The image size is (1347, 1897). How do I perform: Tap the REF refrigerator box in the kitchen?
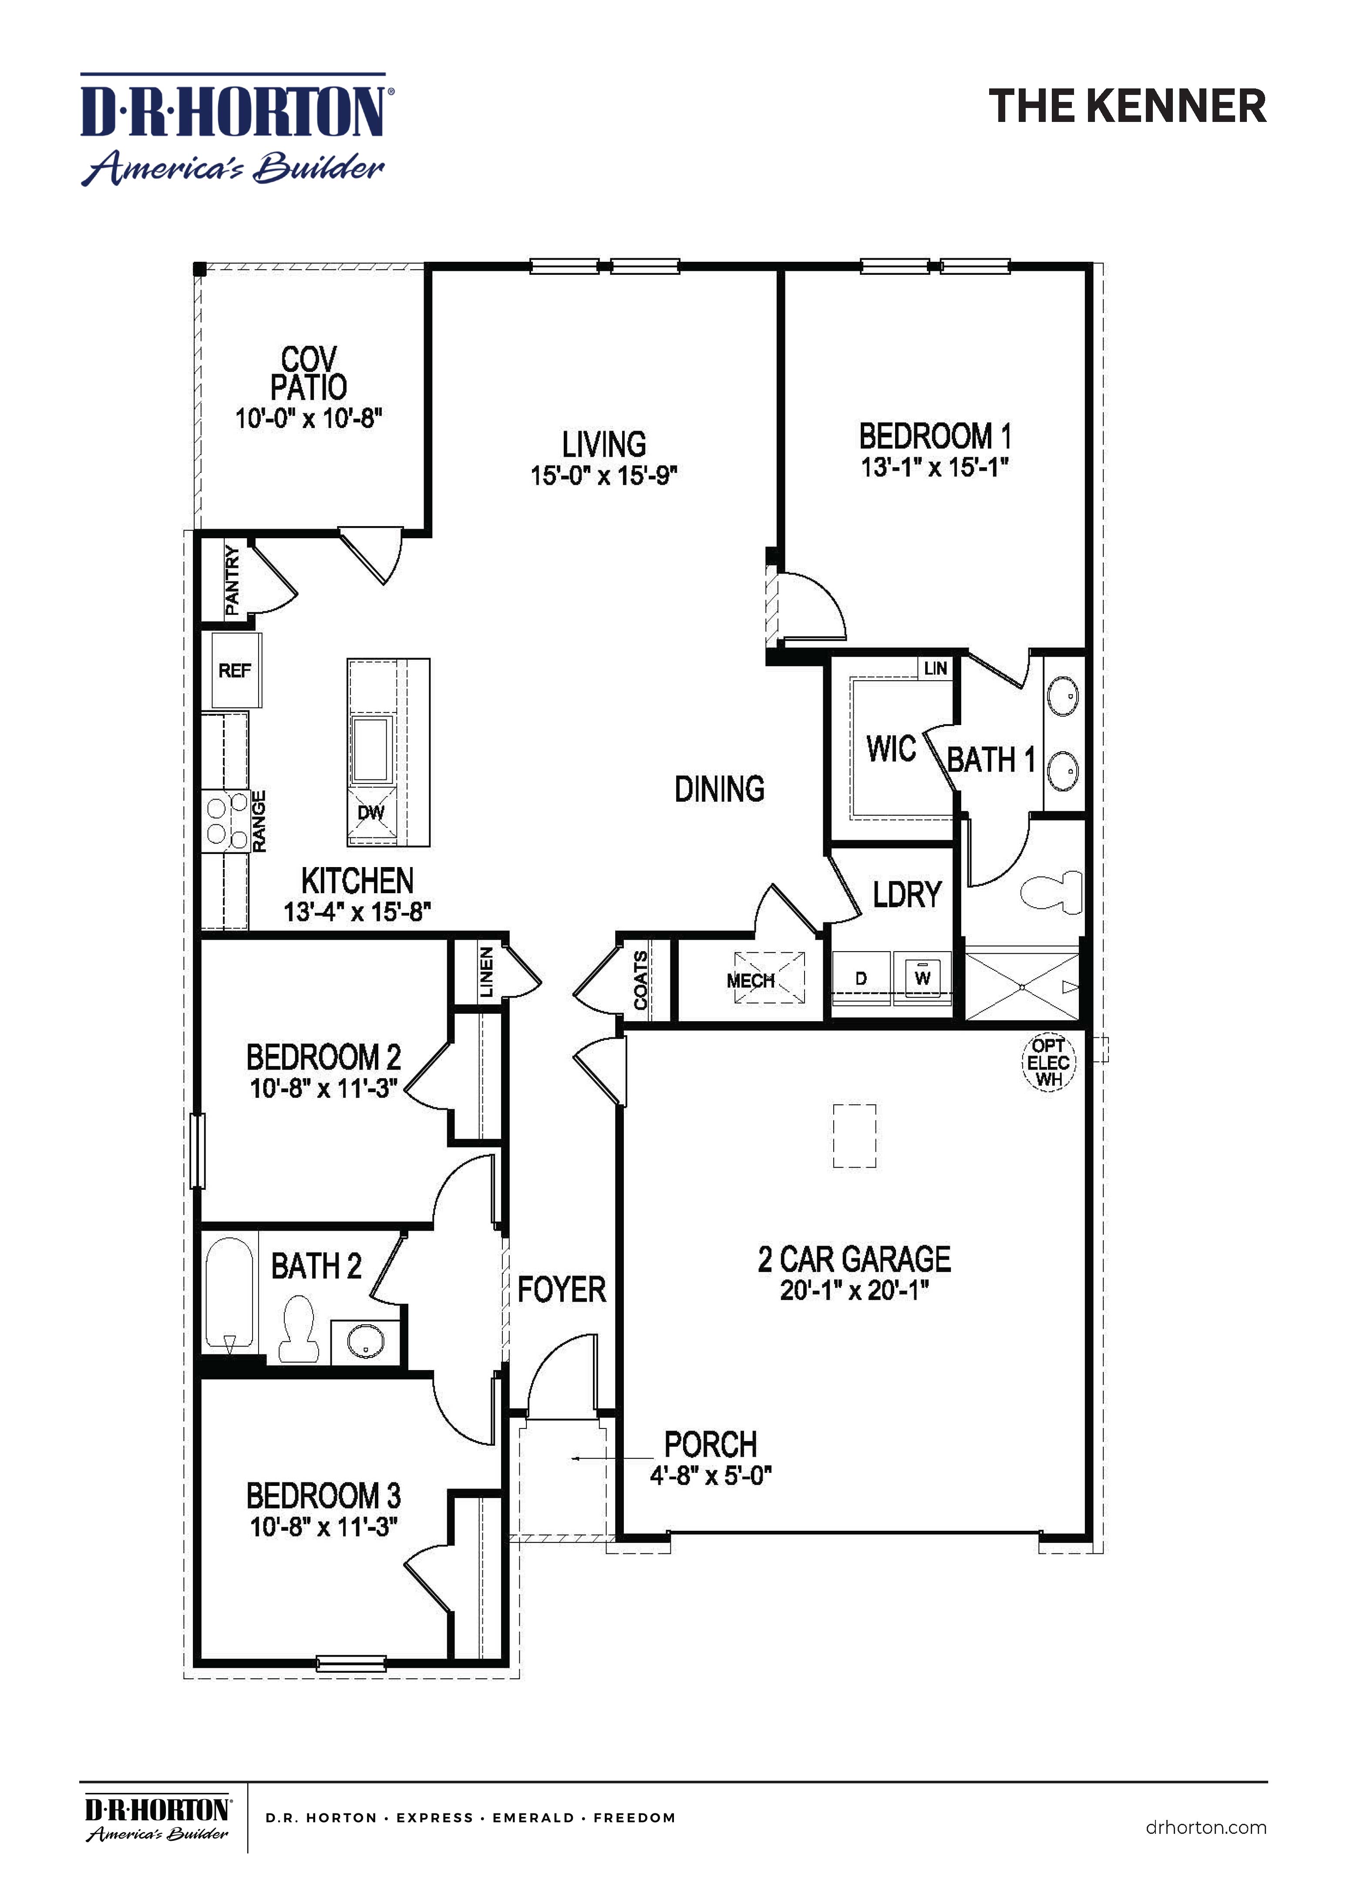point(236,670)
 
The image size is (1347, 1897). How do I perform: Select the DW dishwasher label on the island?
point(371,812)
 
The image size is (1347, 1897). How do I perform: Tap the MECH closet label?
point(751,980)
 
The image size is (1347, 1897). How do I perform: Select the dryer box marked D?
point(861,979)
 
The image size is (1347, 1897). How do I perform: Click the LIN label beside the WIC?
point(935,668)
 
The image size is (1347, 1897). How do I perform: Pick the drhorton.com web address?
point(1205,1827)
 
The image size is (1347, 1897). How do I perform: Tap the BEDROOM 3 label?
point(323,1495)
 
